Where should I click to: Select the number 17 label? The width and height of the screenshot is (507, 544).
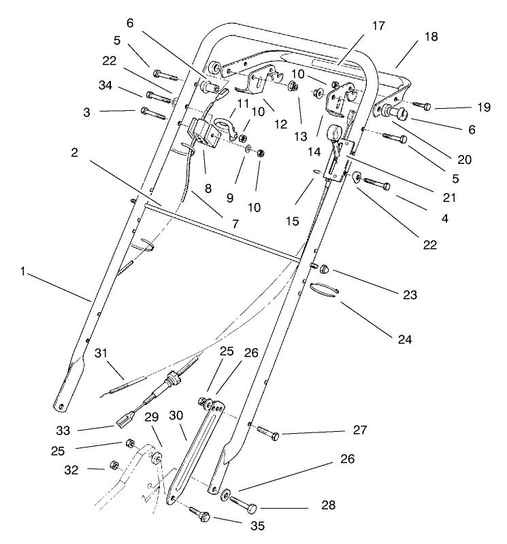(378, 27)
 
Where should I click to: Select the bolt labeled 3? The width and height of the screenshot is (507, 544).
(154, 112)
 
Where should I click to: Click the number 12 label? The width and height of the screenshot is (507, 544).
(257, 125)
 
